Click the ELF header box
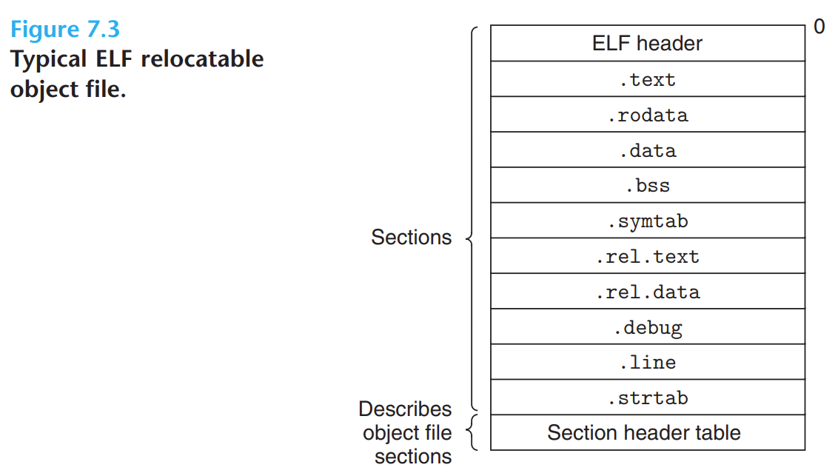point(647,44)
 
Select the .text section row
point(647,79)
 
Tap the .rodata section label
point(647,115)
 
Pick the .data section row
point(647,150)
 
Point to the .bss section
point(647,186)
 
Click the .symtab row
point(647,221)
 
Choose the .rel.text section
point(647,257)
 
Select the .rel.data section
point(647,292)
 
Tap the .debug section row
point(647,327)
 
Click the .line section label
point(647,363)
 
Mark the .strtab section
point(647,398)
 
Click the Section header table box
point(644,433)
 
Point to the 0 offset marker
point(819,27)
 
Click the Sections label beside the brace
point(411,238)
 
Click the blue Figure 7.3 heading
point(65,30)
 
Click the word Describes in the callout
point(405,409)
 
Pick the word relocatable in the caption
point(202,59)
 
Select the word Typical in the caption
point(47,59)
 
